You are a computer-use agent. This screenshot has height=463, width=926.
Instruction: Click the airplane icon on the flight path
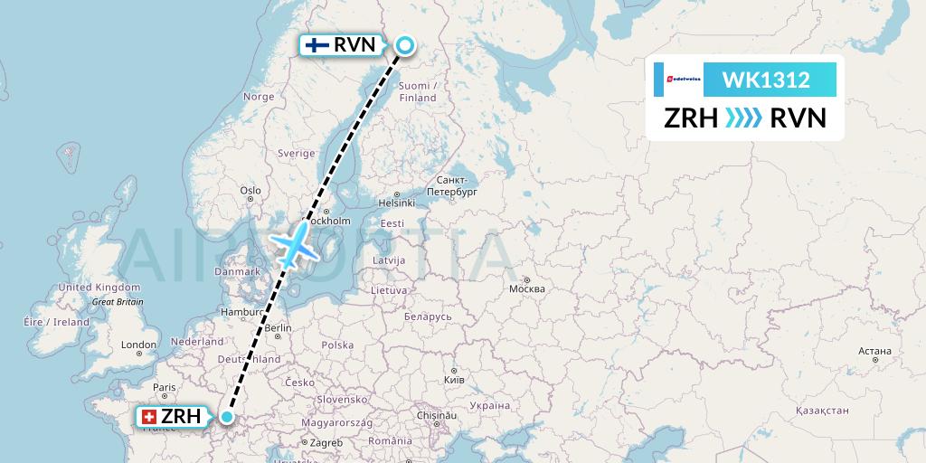(295, 241)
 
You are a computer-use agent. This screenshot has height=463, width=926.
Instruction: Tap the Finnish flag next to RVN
(317, 44)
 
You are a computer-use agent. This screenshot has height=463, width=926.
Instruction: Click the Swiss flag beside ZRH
(150, 417)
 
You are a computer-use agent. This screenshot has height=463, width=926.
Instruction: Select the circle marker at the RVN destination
(404, 44)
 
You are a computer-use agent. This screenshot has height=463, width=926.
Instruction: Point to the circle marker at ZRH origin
(227, 417)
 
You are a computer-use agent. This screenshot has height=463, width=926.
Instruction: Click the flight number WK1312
(765, 80)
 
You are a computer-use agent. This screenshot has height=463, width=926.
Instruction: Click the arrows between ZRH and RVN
(744, 118)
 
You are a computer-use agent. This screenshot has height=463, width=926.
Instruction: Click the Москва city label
(526, 288)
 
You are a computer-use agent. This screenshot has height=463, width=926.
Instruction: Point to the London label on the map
(139, 345)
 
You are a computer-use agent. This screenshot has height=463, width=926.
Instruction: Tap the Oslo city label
(250, 190)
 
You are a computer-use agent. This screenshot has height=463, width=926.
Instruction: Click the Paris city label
(164, 387)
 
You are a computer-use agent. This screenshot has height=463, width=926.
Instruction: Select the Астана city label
(874, 351)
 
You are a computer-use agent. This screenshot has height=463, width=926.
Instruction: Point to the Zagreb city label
(326, 442)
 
